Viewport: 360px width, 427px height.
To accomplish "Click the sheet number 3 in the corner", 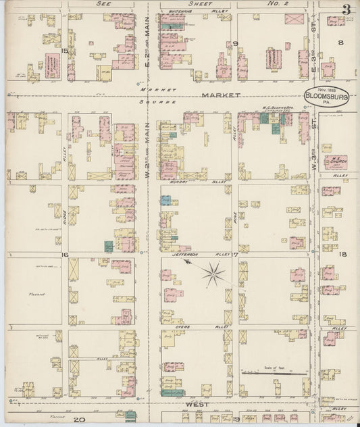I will (345, 9).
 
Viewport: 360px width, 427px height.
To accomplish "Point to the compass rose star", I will (215, 273).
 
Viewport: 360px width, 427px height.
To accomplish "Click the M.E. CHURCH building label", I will (334, 161).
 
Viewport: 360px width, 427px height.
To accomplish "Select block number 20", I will (79, 420).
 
